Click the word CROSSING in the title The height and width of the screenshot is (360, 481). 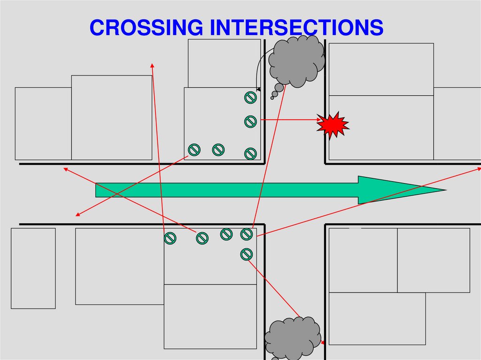(x=146, y=28)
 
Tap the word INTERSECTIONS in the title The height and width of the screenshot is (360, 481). (x=296, y=28)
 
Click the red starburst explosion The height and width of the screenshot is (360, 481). (x=333, y=125)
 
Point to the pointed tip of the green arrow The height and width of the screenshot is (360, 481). (x=443, y=190)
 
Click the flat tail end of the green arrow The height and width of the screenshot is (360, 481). (x=97, y=190)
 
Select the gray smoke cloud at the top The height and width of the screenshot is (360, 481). (x=297, y=61)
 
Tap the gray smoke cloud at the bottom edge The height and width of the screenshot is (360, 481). (x=292, y=338)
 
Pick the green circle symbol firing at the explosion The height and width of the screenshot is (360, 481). (x=250, y=122)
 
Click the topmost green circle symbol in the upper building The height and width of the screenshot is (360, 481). (x=250, y=98)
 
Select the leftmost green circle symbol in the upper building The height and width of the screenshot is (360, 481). (x=194, y=150)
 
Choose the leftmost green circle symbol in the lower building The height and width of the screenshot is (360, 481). (x=170, y=238)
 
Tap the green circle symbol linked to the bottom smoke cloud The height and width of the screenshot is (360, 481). (x=247, y=254)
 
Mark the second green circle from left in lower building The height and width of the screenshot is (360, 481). (x=202, y=238)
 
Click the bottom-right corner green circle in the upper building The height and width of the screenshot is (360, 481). (x=250, y=153)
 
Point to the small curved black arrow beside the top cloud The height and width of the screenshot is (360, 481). (x=258, y=70)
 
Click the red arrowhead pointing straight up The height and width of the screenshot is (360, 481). (x=152, y=65)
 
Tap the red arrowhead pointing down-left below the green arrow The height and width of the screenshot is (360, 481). (x=78, y=215)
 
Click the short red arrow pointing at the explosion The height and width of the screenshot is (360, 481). (x=291, y=120)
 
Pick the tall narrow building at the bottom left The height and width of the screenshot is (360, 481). (x=33, y=268)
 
